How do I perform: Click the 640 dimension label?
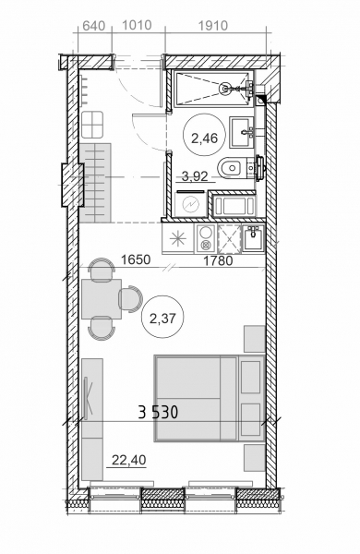93,26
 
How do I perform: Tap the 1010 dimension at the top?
137,26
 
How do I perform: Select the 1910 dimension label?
212,26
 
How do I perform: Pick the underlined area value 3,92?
195,176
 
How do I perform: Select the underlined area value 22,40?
128,461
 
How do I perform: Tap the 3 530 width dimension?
158,412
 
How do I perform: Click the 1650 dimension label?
136,260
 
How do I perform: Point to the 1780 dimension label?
219,261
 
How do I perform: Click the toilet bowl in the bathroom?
232,167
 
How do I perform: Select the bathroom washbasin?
242,132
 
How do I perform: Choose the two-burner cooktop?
205,238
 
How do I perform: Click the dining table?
102,299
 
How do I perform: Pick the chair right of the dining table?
130,299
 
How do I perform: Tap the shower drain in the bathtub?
224,88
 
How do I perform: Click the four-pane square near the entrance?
92,125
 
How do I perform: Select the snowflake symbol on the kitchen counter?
178,239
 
